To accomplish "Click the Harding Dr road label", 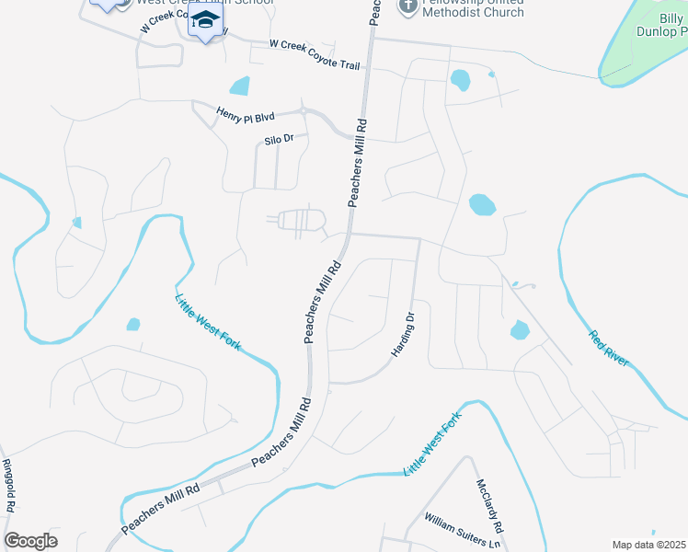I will [x=405, y=333].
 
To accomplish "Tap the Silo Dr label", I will [x=278, y=139].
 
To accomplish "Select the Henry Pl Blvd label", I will [x=246, y=116].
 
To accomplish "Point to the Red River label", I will [x=609, y=349].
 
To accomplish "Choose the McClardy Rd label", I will [x=491, y=506].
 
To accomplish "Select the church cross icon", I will [x=408, y=6].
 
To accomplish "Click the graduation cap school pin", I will [x=206, y=21].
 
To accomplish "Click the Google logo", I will [x=30, y=540].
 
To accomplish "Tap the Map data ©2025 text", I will [x=648, y=545].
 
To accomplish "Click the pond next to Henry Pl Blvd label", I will [x=240, y=86].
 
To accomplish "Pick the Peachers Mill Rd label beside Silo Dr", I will [x=358, y=162].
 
